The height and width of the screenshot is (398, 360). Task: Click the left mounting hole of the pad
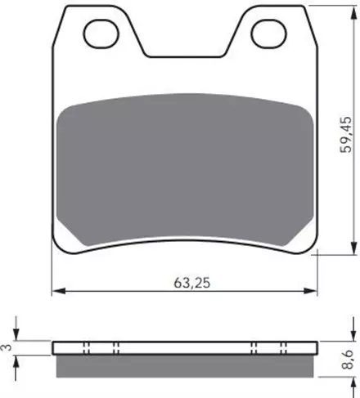click(x=101, y=34)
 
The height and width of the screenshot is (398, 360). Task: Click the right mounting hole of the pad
click(x=269, y=34)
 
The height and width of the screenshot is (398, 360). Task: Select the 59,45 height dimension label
click(x=345, y=135)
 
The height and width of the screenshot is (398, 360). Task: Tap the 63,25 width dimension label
click(x=192, y=283)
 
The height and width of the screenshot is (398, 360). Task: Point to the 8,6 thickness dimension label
click(x=348, y=360)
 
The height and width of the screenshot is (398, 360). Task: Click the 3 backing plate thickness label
click(x=7, y=347)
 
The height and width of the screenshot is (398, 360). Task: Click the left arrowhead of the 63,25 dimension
click(x=59, y=291)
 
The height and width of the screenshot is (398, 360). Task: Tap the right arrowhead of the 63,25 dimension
click(x=311, y=291)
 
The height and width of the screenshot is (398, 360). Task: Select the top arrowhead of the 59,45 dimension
click(x=354, y=12)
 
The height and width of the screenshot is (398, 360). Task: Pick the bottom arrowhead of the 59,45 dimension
click(x=354, y=248)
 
